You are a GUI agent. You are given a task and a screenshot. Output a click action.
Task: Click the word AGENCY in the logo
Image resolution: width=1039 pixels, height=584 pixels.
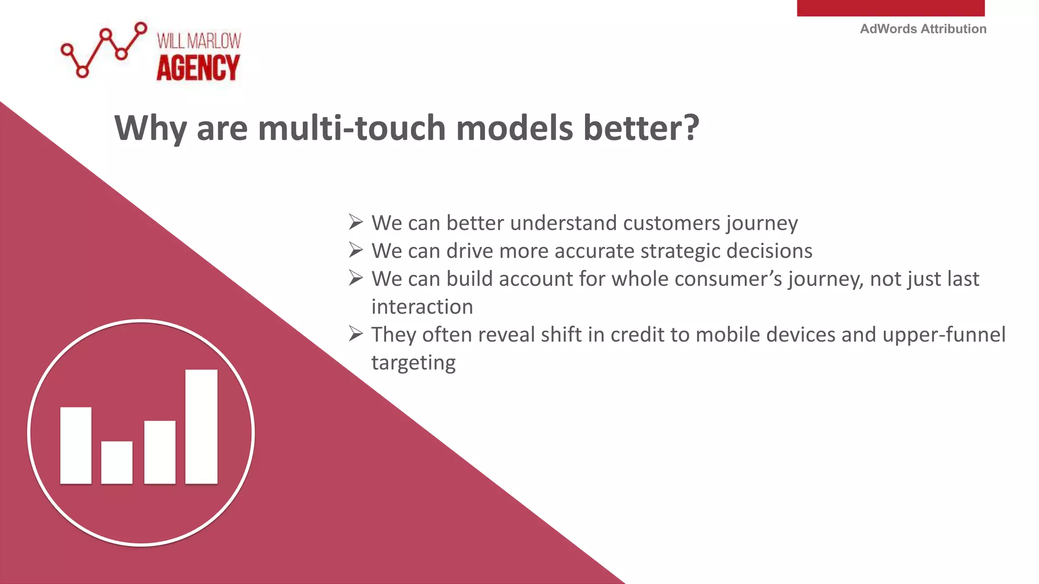pyautogui.click(x=198, y=68)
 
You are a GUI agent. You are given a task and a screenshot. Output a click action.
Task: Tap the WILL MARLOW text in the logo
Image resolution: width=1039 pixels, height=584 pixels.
pyautogui.click(x=199, y=41)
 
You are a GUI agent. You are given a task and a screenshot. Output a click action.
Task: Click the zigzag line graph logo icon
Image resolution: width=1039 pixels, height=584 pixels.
pyautogui.click(x=104, y=50)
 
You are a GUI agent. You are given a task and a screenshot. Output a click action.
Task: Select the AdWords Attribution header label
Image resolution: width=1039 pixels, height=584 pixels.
pyautogui.click(x=923, y=29)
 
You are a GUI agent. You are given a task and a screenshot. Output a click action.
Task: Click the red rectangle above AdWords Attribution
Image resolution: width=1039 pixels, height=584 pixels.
pyautogui.click(x=890, y=8)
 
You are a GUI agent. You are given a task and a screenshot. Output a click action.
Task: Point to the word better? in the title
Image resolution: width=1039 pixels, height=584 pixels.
pyautogui.click(x=641, y=128)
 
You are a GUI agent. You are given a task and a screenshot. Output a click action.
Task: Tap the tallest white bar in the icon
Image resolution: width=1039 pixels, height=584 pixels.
pyautogui.click(x=201, y=426)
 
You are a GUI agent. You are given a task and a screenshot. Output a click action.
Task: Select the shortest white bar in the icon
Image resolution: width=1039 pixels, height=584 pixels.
pyautogui.click(x=117, y=462)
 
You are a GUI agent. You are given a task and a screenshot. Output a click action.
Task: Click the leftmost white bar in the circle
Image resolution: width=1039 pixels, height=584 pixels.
pyautogui.click(x=76, y=445)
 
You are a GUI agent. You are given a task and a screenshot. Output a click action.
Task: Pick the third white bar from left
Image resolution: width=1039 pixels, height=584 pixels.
pyautogui.click(x=160, y=452)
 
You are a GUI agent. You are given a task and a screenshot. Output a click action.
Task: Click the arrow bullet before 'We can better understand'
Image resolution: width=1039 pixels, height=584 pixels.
pyautogui.click(x=356, y=222)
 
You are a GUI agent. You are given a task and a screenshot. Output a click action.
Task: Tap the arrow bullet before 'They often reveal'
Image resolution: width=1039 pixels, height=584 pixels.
pyautogui.click(x=356, y=334)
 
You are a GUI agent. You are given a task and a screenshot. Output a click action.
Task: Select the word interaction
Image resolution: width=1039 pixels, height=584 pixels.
pyautogui.click(x=422, y=307)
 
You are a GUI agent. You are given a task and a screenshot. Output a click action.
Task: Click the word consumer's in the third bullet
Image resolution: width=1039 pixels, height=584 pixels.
pyautogui.click(x=728, y=279)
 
